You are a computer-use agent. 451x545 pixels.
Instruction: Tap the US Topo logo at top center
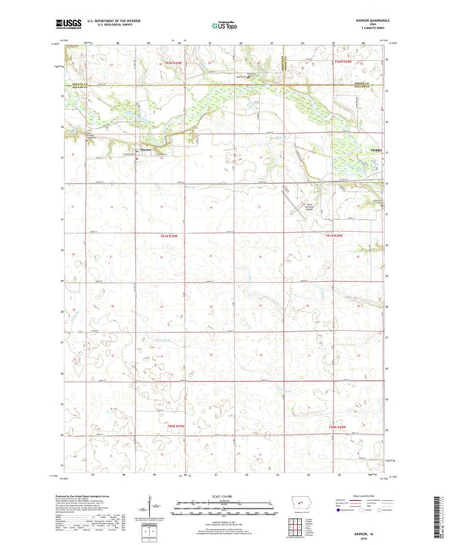(x=224, y=27)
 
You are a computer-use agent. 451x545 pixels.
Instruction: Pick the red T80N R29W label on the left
(x=179, y=426)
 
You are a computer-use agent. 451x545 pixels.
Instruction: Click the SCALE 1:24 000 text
(x=225, y=496)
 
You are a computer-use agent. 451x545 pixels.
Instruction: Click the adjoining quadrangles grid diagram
(x=297, y=531)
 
